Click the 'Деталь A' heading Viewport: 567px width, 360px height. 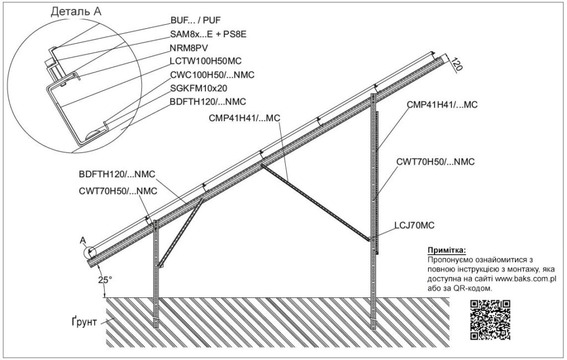76,11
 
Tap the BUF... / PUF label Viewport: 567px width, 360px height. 195,20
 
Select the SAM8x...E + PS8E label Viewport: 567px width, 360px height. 208,34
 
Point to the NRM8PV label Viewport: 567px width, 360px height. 189,48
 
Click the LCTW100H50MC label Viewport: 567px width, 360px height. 205,61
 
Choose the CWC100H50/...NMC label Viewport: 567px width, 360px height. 212,75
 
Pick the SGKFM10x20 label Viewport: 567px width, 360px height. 199,88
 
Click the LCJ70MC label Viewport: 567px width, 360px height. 414,225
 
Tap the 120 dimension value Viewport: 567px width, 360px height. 457,64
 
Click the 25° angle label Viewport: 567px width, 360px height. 105,280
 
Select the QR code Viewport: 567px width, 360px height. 490,320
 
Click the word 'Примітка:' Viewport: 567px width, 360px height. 447,250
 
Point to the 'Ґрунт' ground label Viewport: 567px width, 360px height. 84,321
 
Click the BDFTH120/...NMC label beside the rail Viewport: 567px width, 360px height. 117,174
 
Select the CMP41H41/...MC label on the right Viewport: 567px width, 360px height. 442,105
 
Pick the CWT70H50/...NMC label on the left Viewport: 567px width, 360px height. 118,191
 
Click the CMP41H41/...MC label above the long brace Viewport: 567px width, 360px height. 244,119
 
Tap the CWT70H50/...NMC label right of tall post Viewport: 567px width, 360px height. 435,162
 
